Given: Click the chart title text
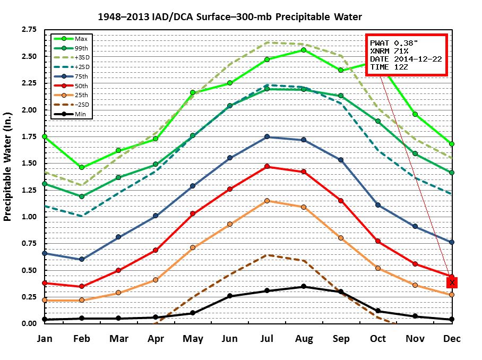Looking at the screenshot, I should [230, 17].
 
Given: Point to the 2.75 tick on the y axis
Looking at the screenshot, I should [29, 30].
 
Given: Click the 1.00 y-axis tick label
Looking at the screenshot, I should [29, 217].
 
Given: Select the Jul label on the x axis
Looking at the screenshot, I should [267, 339].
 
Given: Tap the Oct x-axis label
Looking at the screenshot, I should [378, 339].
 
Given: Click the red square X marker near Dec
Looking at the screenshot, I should [452, 282].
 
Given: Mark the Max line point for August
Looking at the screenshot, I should [304, 50].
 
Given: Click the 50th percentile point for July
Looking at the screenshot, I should [267, 166].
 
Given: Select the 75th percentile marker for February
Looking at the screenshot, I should [82, 259].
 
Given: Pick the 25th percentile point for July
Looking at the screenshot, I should [267, 201].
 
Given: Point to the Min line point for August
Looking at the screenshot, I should [304, 287].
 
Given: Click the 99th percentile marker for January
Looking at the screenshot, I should [45, 184].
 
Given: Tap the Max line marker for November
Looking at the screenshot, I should [415, 114].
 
